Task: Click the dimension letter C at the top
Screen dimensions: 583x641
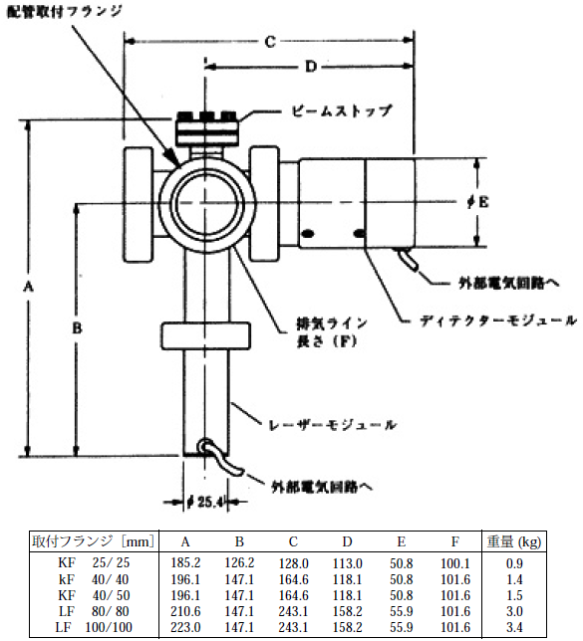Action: tap(270, 42)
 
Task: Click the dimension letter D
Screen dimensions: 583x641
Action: tap(311, 67)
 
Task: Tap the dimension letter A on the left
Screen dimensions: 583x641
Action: tap(28, 287)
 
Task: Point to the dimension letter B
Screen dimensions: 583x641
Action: tap(77, 327)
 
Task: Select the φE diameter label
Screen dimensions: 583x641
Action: tap(478, 201)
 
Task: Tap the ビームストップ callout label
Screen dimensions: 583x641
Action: tap(342, 110)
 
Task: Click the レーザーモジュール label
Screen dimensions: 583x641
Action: tap(332, 425)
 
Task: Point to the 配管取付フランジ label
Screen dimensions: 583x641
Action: tap(65, 11)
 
